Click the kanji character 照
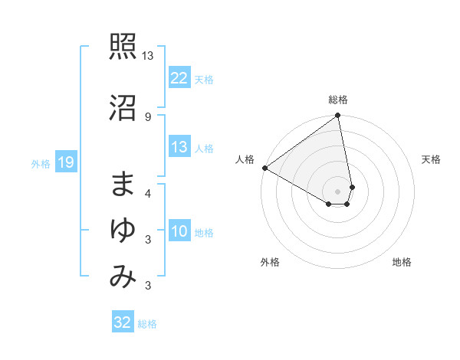tap(123, 49)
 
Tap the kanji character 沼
tap(123, 109)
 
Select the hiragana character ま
tap(123, 185)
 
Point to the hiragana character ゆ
tap(123, 231)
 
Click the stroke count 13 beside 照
tap(148, 56)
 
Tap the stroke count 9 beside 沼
tap(148, 116)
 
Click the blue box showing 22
tap(179, 78)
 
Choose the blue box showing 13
tap(179, 147)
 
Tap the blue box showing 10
tap(179, 231)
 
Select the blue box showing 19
tap(65, 162)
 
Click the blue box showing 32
tap(123, 322)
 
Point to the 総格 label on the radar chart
tap(338, 100)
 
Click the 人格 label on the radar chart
tap(245, 159)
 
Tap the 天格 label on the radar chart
tap(432, 159)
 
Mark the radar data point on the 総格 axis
tap(338, 116)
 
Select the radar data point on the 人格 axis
tap(264, 168)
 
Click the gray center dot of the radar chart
tap(338, 191)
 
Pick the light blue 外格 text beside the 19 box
tap(41, 163)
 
